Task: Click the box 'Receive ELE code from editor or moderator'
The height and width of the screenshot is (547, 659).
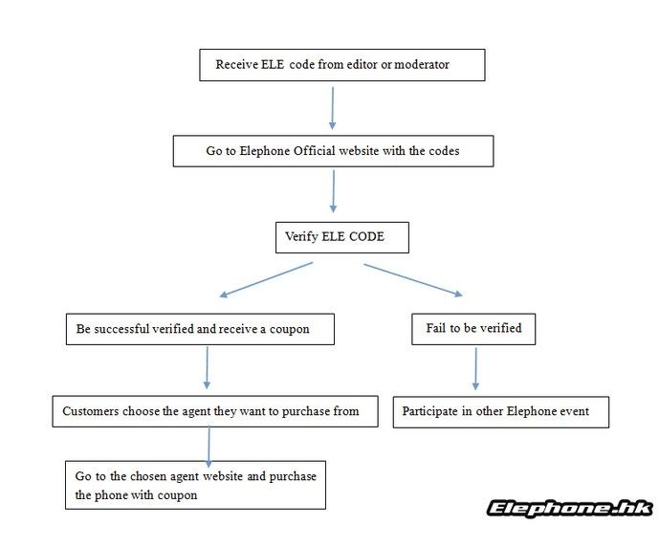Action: click(x=342, y=65)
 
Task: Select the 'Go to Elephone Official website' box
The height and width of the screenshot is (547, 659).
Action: click(x=333, y=151)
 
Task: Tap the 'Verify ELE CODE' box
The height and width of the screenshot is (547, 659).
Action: click(x=342, y=237)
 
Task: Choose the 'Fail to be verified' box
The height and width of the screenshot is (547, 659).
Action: click(x=473, y=329)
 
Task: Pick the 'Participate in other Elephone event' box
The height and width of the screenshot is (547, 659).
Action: click(x=501, y=412)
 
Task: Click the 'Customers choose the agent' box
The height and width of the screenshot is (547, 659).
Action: click(x=215, y=411)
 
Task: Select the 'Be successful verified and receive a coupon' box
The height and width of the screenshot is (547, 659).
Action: click(x=200, y=329)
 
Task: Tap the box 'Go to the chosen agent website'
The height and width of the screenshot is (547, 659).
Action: click(x=195, y=485)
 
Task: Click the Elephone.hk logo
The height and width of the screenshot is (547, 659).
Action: click(x=570, y=509)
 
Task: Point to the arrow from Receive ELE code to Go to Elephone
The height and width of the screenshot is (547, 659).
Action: click(x=333, y=108)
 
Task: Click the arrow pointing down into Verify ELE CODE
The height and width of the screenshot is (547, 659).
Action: click(x=333, y=191)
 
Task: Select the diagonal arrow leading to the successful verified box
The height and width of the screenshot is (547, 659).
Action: click(x=266, y=280)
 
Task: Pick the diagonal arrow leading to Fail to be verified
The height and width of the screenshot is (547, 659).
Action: click(x=413, y=280)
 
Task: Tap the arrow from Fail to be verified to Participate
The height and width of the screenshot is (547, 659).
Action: click(x=475, y=368)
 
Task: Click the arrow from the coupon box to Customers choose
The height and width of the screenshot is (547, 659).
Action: click(x=207, y=367)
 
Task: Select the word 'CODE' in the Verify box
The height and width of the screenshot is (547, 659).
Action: click(x=367, y=236)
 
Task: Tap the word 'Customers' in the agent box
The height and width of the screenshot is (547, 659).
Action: click(x=90, y=411)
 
